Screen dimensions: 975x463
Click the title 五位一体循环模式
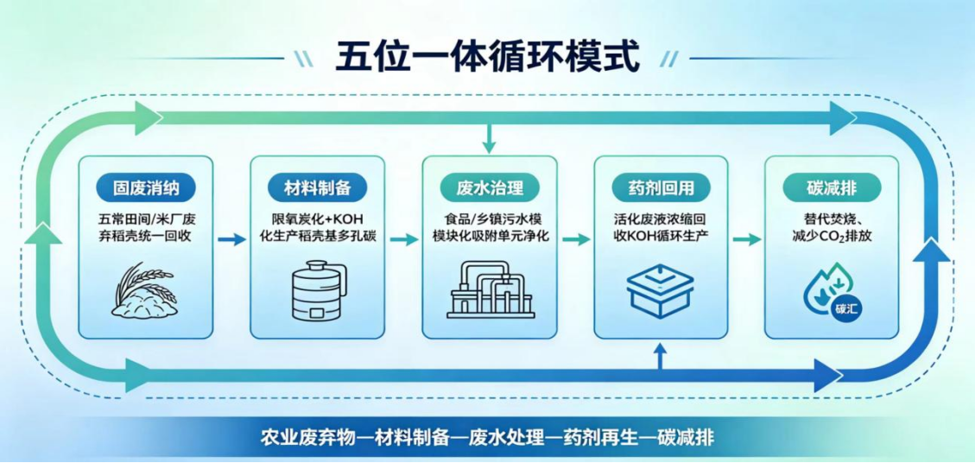[487, 57]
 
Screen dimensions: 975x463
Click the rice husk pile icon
[146, 289]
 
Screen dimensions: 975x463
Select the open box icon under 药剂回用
[661, 289]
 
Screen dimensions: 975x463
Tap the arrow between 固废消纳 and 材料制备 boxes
[232, 239]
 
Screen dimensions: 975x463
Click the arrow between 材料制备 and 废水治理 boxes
[403, 239]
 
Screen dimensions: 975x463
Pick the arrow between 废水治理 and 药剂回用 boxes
[576, 239]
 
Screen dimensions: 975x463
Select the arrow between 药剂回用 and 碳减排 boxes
[746, 239]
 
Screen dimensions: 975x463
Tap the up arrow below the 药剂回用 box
[661, 358]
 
